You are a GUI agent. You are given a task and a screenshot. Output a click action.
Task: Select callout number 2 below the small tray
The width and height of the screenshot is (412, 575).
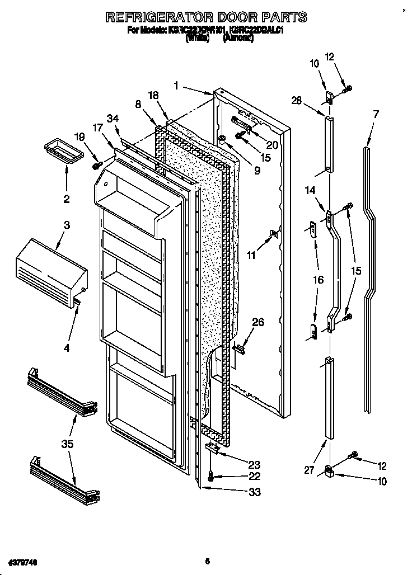(67, 198)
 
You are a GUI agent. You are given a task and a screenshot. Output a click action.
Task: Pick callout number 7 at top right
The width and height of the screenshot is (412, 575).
(376, 114)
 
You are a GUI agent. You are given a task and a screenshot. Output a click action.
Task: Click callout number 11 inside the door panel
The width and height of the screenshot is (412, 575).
(251, 255)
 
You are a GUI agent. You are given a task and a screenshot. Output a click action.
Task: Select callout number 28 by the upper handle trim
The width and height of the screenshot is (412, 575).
(296, 100)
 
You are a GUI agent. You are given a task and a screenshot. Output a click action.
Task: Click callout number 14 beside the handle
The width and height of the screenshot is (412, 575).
(310, 191)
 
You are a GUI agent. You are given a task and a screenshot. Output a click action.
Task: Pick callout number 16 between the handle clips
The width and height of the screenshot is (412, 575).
(318, 280)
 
